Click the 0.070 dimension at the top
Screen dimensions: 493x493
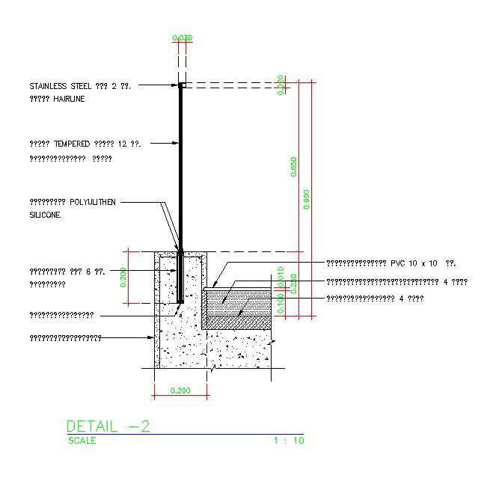(182, 37)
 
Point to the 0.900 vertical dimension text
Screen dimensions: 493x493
(307, 200)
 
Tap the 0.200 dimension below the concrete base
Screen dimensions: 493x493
(180, 391)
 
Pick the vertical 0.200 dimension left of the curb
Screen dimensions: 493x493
(123, 277)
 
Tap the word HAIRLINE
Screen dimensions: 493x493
(69, 99)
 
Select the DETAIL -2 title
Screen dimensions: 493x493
(108, 426)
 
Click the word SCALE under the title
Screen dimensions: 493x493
(82, 441)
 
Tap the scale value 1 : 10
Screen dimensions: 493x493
(289, 441)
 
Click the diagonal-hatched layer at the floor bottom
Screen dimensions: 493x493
(239, 322)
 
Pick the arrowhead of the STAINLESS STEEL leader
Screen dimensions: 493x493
(177, 86)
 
